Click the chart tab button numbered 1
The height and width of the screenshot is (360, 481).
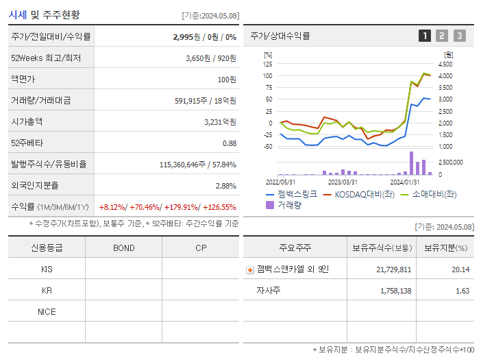[425, 36]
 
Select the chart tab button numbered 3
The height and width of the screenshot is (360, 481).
[459, 36]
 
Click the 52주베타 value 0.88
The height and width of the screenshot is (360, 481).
[230, 143]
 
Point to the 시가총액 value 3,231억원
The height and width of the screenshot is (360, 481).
[220, 121]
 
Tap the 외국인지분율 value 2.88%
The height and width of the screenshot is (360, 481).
[225, 185]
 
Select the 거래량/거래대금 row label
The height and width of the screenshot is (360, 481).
[40, 100]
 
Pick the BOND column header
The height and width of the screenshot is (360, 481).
[123, 248]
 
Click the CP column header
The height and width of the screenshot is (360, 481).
[200, 248]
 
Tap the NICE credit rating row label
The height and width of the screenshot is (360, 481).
[47, 311]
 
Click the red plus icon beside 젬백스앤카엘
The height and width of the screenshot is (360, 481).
[249, 269]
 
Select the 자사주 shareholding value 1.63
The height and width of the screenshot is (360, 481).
[462, 291]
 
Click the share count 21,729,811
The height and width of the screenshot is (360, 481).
[394, 269]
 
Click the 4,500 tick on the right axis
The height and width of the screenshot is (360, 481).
[445, 64]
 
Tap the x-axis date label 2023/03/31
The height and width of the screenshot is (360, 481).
[343, 182]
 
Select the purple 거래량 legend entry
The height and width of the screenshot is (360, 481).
[284, 204]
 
